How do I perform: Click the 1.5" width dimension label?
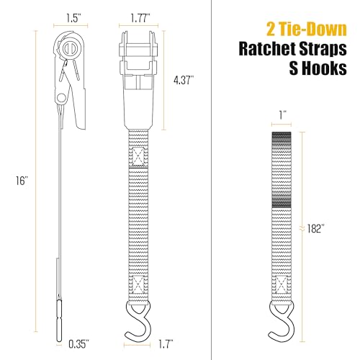click(x=74, y=18)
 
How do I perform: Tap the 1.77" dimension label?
click(x=140, y=18)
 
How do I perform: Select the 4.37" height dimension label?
click(x=184, y=80)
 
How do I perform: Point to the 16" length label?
click(x=22, y=181)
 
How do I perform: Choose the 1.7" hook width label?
click(x=166, y=344)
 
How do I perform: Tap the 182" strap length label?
click(x=316, y=228)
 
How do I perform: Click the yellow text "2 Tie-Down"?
click(x=307, y=30)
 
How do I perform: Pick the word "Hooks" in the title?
click(x=324, y=68)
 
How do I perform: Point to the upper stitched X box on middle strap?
click(x=138, y=156)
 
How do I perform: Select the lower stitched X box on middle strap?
click(x=138, y=284)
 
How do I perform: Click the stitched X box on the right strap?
click(x=282, y=284)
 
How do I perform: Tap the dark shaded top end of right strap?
click(x=282, y=138)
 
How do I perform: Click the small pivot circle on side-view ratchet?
click(x=61, y=98)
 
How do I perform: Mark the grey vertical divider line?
click(x=211, y=180)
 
